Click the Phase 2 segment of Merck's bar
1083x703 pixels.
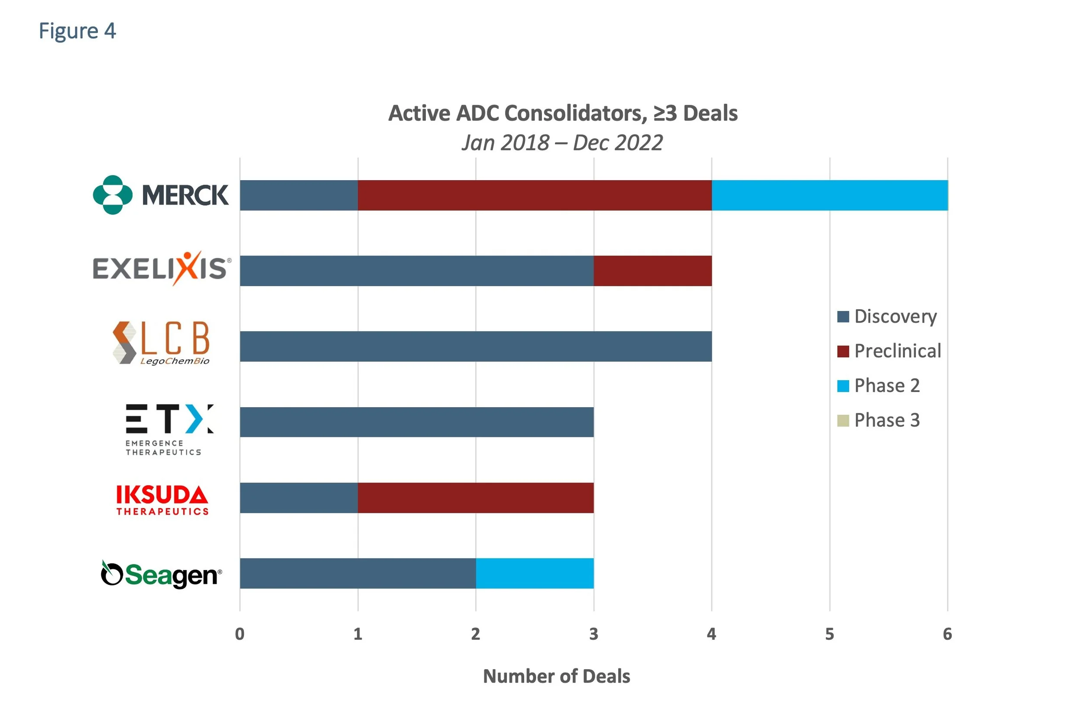[829, 195]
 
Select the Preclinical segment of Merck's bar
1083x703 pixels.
[535, 195]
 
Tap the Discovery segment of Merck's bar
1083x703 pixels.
[298, 195]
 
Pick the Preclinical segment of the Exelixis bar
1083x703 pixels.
[652, 271]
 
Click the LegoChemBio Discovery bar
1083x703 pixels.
[476, 346]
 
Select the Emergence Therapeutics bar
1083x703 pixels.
[416, 422]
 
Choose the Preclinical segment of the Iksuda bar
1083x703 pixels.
[476, 498]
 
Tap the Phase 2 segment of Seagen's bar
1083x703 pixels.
[535, 573]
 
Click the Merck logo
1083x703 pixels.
[160, 195]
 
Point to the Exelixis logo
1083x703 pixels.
[162, 269]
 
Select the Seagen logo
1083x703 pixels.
[161, 575]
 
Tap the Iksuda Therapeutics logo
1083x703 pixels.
[162, 499]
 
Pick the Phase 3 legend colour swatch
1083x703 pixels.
[843, 421]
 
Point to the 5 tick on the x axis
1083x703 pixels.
[830, 634]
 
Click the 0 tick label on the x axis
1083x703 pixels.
[240, 634]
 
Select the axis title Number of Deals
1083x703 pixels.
[556, 676]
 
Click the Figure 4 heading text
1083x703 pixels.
[78, 31]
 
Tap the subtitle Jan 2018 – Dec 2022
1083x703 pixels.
[562, 143]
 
